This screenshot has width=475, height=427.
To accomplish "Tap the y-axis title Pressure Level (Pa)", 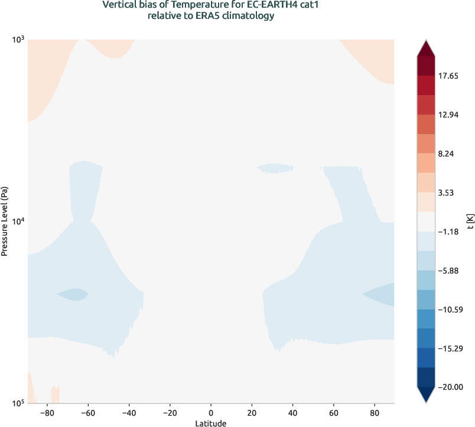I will point(5,221).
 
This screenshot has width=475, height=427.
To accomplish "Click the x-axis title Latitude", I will point(211,423).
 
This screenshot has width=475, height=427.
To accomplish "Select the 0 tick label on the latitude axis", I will point(211,412).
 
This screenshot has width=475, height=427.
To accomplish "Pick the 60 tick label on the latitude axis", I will point(333,412).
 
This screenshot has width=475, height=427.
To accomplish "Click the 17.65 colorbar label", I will point(452,76).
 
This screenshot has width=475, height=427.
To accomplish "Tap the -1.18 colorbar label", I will point(452,232).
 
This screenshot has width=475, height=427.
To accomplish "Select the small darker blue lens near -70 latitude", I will point(73,294).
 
